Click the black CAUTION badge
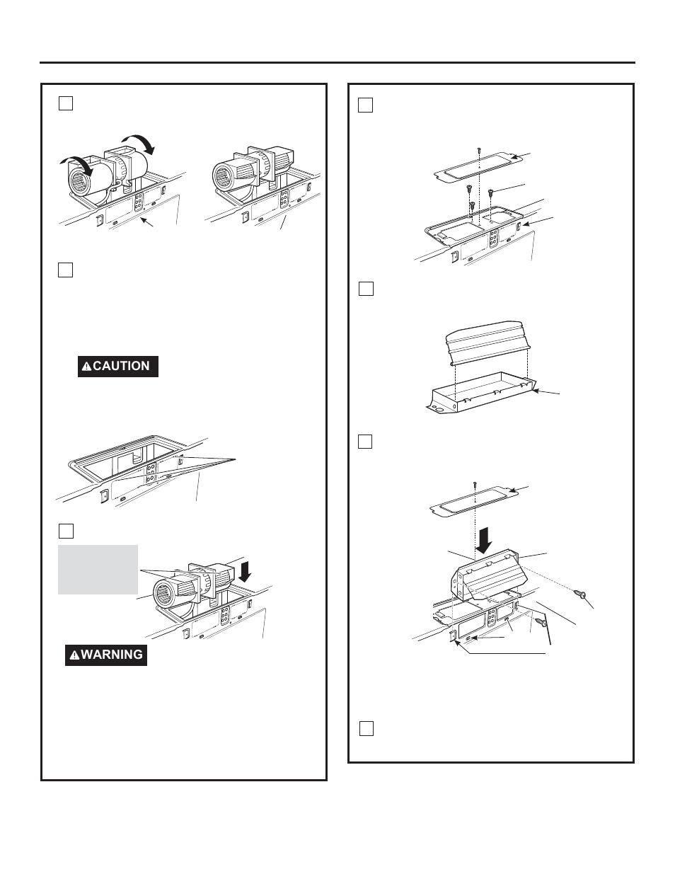point(117,366)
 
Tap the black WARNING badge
point(106,655)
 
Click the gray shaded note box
point(98,569)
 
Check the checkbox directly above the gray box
point(65,530)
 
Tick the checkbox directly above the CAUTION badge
point(65,270)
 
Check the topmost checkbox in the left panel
point(65,103)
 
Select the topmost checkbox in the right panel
point(365,105)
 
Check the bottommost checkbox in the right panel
point(366,728)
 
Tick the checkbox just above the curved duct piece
point(365,289)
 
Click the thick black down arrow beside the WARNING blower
point(245,570)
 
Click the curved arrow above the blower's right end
point(141,144)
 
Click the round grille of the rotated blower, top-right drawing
point(227,174)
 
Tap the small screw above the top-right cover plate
point(479,151)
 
